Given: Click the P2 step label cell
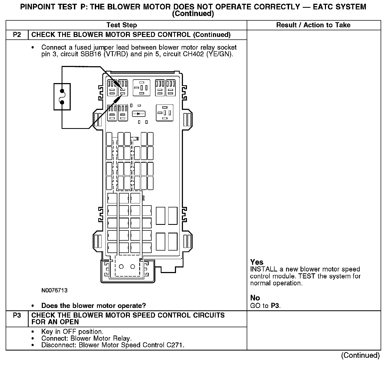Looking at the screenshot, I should coord(17,35).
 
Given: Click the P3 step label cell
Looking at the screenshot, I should coord(17,315).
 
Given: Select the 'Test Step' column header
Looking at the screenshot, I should coord(122,25).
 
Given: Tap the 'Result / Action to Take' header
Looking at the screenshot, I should coord(313,25).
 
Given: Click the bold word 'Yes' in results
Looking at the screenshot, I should coord(257,262).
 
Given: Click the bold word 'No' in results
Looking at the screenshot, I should coord(255,298).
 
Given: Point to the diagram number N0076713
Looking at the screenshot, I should coord(54,290).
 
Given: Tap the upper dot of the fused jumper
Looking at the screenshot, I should coord(62,90).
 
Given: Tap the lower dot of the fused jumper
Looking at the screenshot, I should coord(62,102).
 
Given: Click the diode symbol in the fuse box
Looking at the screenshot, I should coord(138,114).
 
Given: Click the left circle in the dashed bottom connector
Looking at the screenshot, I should coord(121,267).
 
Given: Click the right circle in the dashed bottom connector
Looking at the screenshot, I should coord(133,267).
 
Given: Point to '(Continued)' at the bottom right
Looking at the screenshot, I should coord(360,355).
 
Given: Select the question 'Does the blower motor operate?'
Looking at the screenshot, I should coord(93,306).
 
